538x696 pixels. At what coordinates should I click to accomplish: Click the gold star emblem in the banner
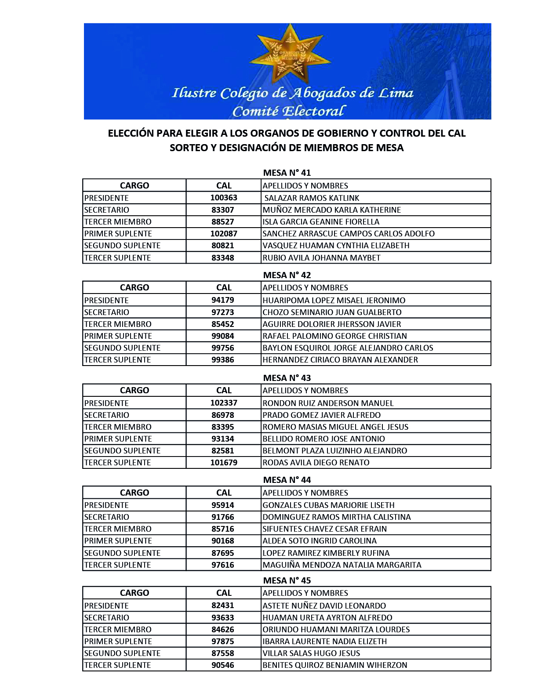[x=289, y=53]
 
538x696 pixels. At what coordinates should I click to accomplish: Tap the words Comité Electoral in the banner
[x=289, y=111]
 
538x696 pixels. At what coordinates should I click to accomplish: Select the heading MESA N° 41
[x=287, y=173]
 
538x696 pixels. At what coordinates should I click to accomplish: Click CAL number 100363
[x=223, y=198]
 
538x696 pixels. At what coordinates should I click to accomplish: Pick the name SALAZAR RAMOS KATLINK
[x=312, y=198]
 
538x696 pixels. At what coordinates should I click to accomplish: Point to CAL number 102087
[x=223, y=234]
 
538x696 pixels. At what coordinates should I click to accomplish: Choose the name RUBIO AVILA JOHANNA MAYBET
[x=321, y=258]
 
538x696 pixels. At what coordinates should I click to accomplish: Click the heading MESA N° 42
[x=287, y=275]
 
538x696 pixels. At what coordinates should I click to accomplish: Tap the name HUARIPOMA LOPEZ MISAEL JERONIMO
[x=334, y=301]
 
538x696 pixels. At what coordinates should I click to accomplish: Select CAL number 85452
[x=223, y=324]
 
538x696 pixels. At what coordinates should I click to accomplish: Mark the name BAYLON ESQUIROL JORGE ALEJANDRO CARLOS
[x=348, y=348]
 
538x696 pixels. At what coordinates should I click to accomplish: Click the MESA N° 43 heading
[x=287, y=378]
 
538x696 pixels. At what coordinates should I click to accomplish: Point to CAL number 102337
[x=223, y=403]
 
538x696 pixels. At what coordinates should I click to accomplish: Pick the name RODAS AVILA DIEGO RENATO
[x=316, y=463]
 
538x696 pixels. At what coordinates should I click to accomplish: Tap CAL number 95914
[x=223, y=505]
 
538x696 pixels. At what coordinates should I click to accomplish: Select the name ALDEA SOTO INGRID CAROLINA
[x=320, y=541]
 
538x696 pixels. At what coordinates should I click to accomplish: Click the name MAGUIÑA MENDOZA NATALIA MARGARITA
[x=342, y=565]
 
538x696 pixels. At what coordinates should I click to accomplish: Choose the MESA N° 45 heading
[x=287, y=580]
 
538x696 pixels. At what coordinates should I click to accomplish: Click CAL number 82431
[x=223, y=605]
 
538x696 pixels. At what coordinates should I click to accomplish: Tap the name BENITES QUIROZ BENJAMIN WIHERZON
[x=334, y=665]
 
